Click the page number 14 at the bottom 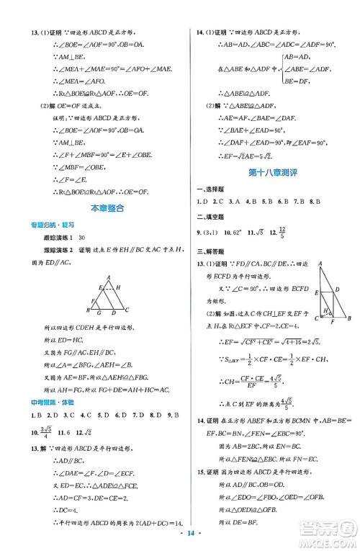coord(180,537)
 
